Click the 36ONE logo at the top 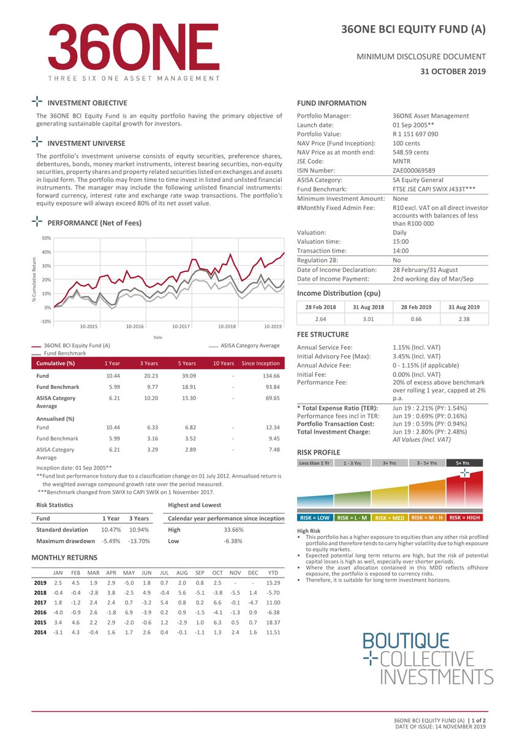coord(133,51)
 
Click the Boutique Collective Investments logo coord(428,659)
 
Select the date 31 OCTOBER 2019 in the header coord(453,72)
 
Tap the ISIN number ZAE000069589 coord(415,170)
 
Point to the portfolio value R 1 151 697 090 coord(415,134)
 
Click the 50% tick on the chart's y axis coord(46,238)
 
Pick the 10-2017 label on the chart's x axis coord(181,326)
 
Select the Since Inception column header coord(260,363)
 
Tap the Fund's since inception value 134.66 coord(271,375)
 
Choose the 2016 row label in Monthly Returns coord(40,612)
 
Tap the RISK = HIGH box coord(464,518)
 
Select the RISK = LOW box coord(315,518)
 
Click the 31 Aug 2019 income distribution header coord(464,307)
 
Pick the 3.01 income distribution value coord(369,319)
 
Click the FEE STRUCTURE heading coord(323,334)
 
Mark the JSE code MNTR coord(402,161)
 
